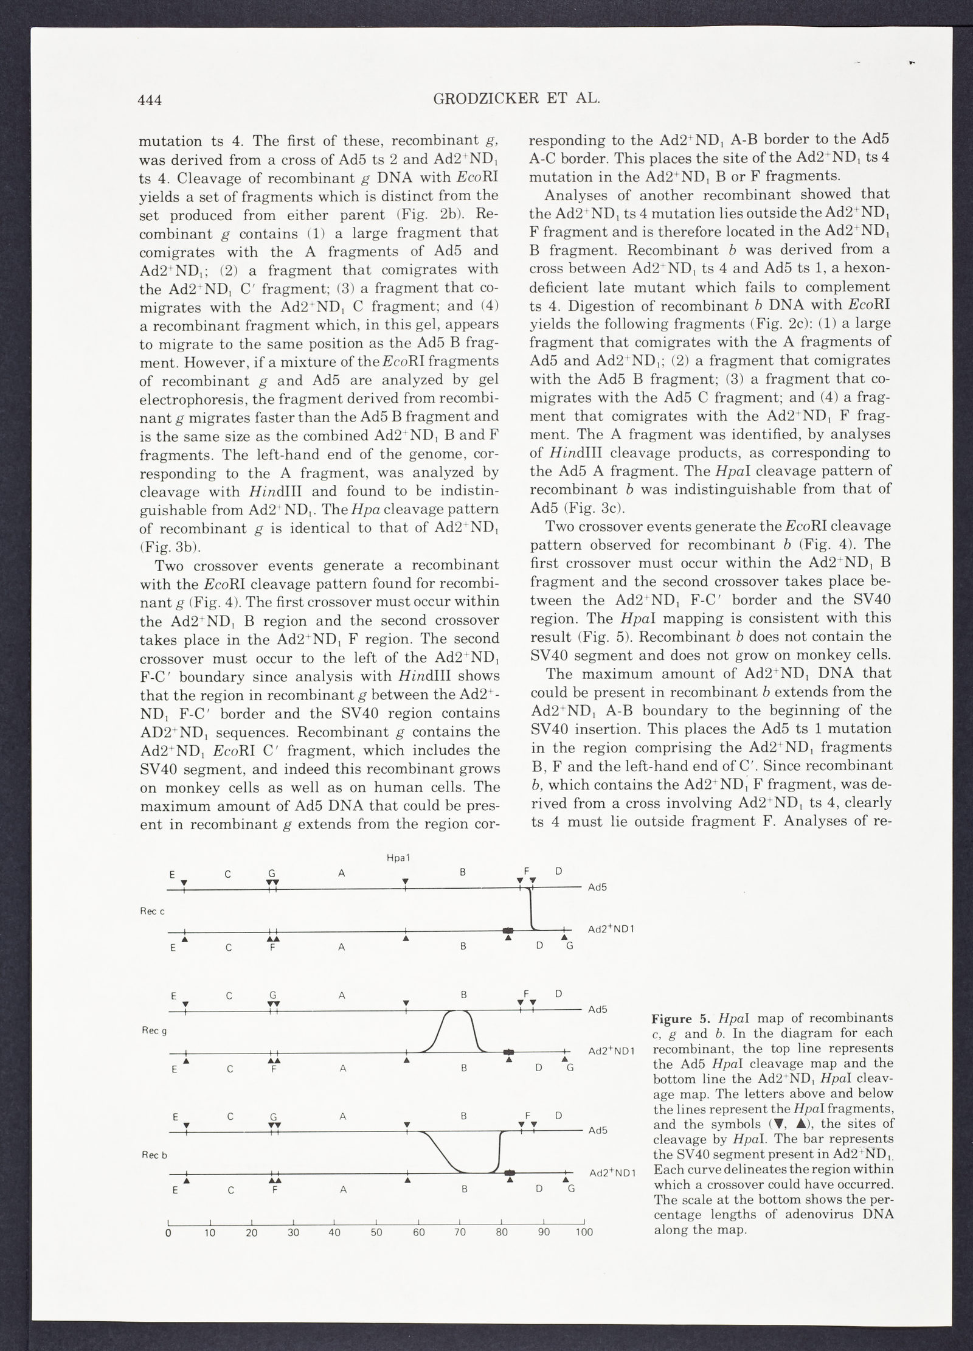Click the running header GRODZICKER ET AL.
pyautogui.click(x=516, y=99)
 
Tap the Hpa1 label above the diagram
pyautogui.click(x=398, y=858)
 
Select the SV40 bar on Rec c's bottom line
pyautogui.click(x=507, y=931)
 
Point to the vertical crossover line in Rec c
pyautogui.click(x=532, y=909)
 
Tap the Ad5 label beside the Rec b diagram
pyautogui.click(x=598, y=1131)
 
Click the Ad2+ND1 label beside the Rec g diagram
pyautogui.click(x=612, y=1051)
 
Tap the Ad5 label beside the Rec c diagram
pyautogui.click(x=598, y=887)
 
